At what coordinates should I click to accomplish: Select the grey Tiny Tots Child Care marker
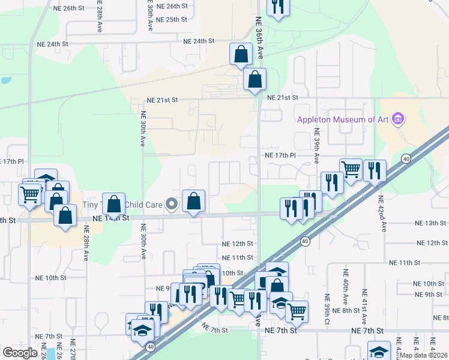pyautogui.click(x=172, y=205)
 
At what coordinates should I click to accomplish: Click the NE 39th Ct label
pyautogui.click(x=328, y=308)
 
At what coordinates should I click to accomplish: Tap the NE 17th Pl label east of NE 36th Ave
pyautogui.click(x=280, y=155)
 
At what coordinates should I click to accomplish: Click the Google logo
pyautogui.click(x=20, y=352)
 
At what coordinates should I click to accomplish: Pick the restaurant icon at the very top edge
pyautogui.click(x=277, y=7)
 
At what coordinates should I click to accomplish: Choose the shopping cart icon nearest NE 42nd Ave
pyautogui.click(x=351, y=169)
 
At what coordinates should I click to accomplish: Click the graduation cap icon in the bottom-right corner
pyautogui.click(x=379, y=352)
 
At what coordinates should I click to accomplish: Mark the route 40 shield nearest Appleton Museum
pyautogui.click(x=406, y=159)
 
